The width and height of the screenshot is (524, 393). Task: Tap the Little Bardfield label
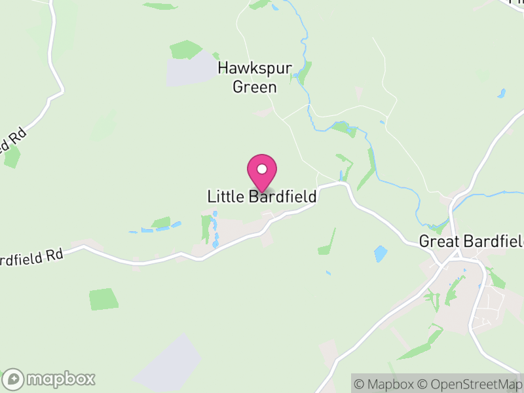(x=262, y=196)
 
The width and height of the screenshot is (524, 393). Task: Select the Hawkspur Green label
(x=247, y=77)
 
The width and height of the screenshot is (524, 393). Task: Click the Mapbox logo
(x=50, y=379)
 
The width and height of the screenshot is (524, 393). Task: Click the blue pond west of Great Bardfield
(x=380, y=253)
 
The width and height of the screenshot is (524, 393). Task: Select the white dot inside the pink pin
(x=262, y=169)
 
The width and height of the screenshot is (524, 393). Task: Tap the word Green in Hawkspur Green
(x=255, y=86)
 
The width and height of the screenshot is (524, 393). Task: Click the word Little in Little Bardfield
(x=226, y=196)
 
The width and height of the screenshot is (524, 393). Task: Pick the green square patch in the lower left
(x=104, y=299)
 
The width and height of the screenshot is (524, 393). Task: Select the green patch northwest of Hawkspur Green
(x=185, y=49)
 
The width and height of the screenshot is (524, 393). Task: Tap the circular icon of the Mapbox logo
(x=13, y=379)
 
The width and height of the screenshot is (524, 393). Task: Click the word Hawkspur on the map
(x=247, y=67)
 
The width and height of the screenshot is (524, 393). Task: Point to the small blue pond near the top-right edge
(x=502, y=94)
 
